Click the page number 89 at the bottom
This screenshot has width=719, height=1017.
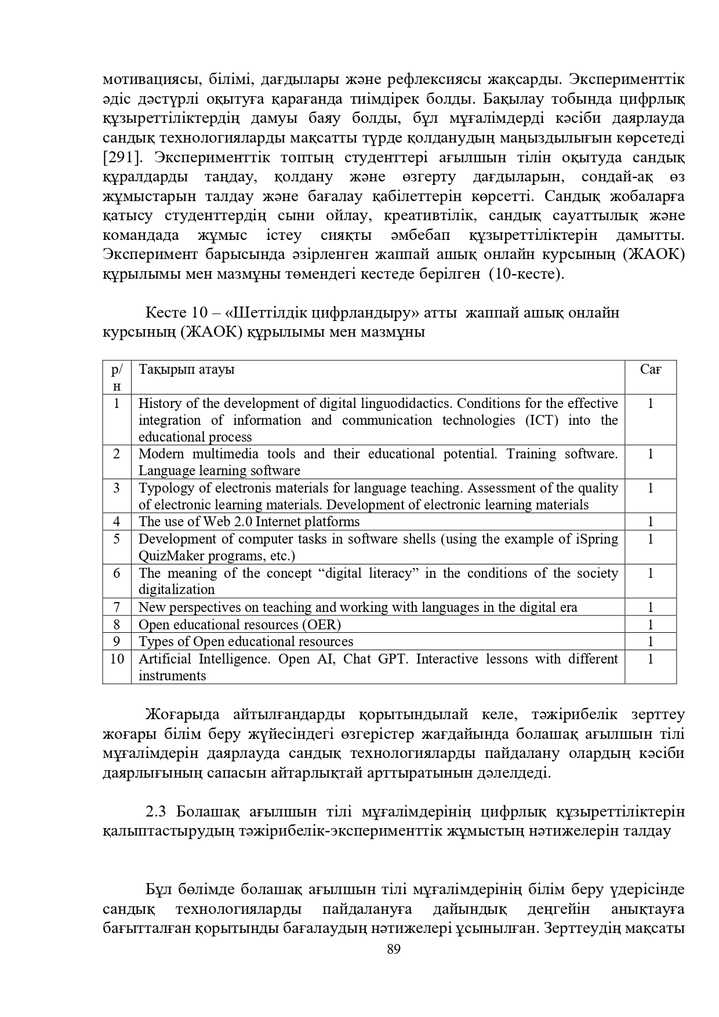(394, 949)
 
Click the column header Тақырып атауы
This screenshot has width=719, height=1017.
(186, 369)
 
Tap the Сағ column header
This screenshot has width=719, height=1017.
(651, 369)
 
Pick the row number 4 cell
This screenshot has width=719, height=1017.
(117, 522)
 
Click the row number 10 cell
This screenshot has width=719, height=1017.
(117, 659)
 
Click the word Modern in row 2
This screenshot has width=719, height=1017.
(161, 454)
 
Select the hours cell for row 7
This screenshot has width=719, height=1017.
(651, 607)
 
